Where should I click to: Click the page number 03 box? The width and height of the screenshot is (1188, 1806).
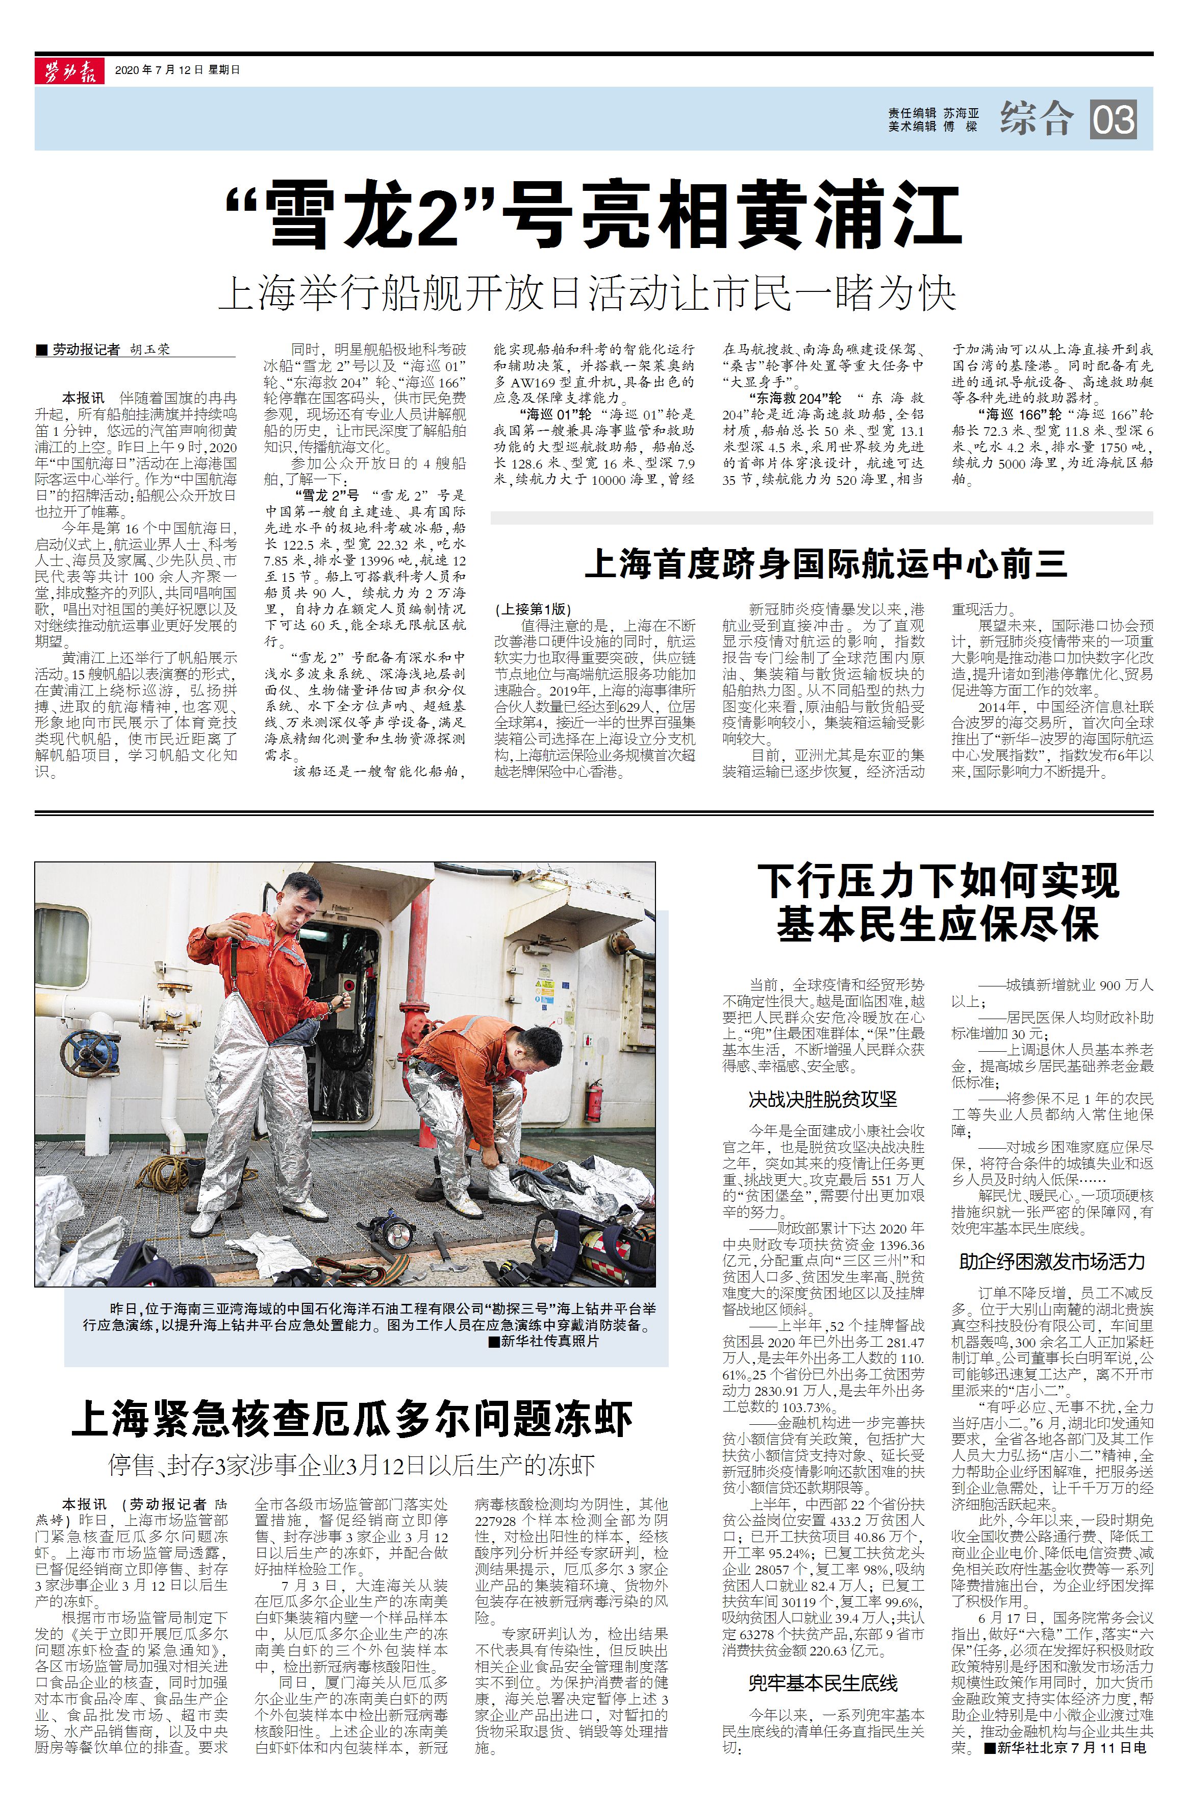1114,119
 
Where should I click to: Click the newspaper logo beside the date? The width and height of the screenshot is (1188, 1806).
69,70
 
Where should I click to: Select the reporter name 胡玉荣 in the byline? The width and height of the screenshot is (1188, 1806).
149,350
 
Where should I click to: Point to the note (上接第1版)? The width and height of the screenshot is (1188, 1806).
534,609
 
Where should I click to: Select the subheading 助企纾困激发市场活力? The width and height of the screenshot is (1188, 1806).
1051,1263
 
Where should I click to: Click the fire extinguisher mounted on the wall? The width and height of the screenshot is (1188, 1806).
594,1105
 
